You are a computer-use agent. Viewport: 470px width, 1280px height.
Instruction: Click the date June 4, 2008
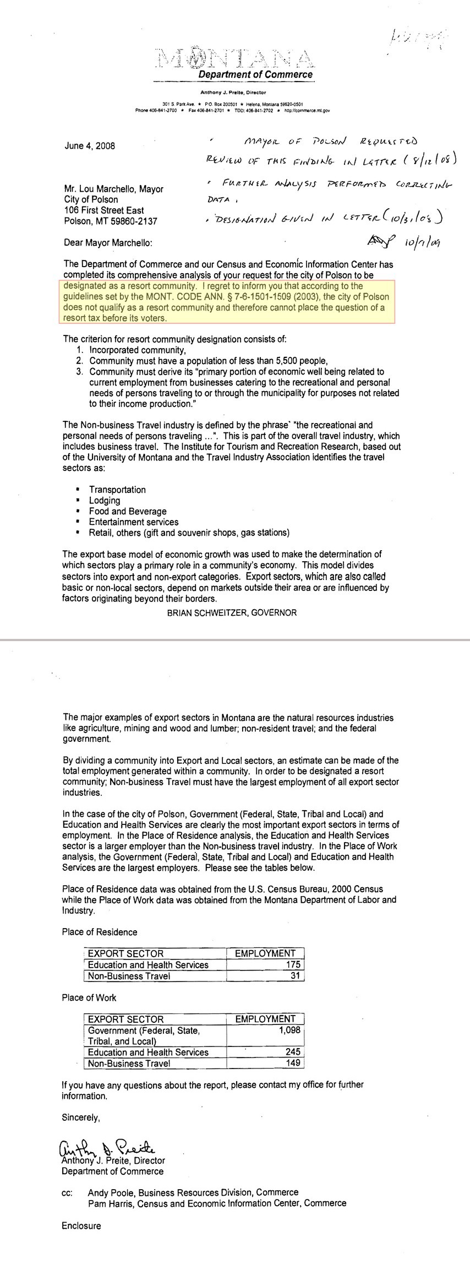point(90,146)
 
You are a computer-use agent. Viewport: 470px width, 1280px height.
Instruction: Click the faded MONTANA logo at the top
point(234,58)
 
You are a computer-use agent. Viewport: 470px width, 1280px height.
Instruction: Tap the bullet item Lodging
point(105,500)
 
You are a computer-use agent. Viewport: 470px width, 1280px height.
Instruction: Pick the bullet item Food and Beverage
point(128,511)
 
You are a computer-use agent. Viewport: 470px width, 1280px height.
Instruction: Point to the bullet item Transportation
point(117,490)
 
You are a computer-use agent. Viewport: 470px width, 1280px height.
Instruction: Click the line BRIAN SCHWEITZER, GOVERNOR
point(232,612)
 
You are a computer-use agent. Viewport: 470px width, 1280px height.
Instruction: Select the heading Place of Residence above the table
point(100,932)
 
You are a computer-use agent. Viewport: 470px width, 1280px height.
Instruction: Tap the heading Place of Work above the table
point(89,997)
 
